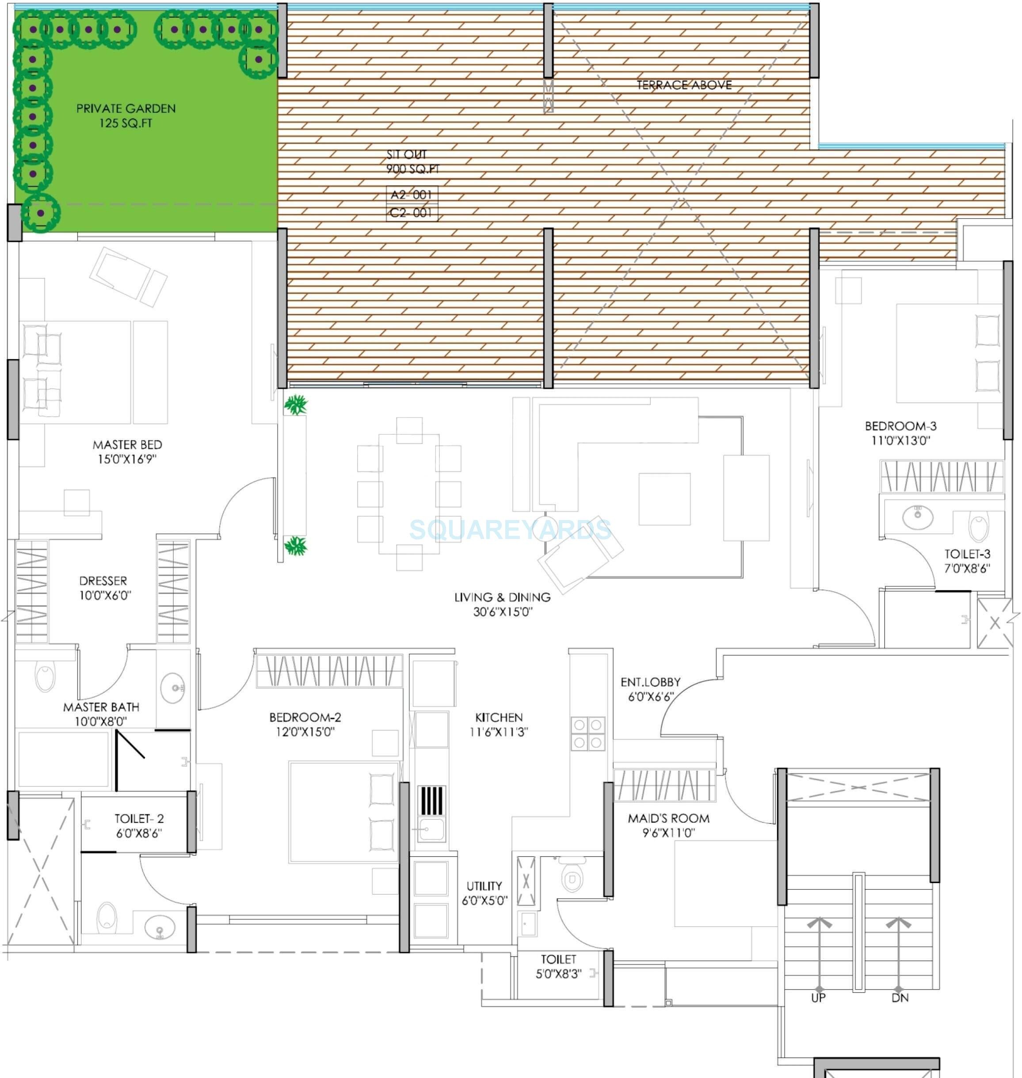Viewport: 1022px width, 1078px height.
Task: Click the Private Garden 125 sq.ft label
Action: (x=126, y=115)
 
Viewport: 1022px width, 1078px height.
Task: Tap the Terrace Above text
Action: (x=684, y=85)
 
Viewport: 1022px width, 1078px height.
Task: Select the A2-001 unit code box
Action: (x=411, y=194)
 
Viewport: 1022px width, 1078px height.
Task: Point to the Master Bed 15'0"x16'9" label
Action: (x=127, y=452)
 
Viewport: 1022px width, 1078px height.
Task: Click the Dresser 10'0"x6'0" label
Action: (x=103, y=588)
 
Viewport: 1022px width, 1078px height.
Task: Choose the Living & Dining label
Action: (x=502, y=604)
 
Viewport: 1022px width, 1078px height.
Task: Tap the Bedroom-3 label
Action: (x=900, y=433)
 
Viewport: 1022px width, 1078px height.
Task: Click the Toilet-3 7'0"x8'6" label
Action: (x=967, y=561)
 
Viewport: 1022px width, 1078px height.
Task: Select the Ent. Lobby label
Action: (x=650, y=689)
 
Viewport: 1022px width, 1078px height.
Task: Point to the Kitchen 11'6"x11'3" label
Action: (x=499, y=725)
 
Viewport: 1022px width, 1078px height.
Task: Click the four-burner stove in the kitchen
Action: (x=588, y=733)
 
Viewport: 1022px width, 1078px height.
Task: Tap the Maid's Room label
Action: (x=668, y=825)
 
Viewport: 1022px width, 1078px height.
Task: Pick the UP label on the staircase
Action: (x=818, y=998)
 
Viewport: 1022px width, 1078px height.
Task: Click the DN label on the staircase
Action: (x=900, y=998)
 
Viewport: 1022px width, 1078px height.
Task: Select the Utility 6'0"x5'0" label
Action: (x=484, y=893)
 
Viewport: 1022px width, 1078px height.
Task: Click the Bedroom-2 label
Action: (x=305, y=724)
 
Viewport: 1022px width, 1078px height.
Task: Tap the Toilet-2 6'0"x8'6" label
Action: (x=139, y=825)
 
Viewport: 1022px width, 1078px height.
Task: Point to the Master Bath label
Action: (x=101, y=714)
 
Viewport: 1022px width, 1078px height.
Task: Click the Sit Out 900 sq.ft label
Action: (x=412, y=162)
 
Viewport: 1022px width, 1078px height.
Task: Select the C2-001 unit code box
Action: (x=411, y=213)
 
